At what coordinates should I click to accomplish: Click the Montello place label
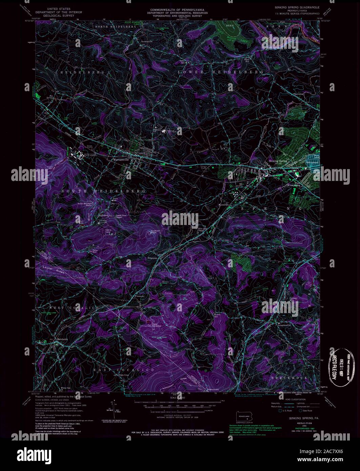pyautogui.click(x=222, y=204)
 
